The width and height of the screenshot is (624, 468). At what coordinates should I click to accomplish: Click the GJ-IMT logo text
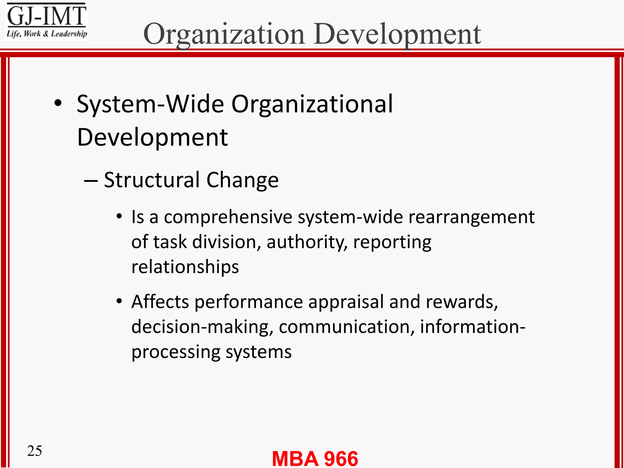(47, 16)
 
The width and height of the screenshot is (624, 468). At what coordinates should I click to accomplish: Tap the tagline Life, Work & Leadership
(47, 34)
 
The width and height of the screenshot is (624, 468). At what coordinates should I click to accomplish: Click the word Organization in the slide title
(224, 34)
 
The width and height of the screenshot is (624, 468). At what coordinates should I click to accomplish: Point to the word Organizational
(312, 104)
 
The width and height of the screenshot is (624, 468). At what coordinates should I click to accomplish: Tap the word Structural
(152, 180)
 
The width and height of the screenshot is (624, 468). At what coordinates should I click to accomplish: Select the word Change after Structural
(243, 180)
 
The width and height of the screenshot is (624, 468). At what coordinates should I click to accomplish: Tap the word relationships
(185, 267)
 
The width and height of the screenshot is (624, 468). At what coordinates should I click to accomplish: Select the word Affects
(160, 302)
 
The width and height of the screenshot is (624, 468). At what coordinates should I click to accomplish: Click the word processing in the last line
(175, 352)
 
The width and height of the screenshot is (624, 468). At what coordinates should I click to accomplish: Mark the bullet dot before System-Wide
(58, 104)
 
